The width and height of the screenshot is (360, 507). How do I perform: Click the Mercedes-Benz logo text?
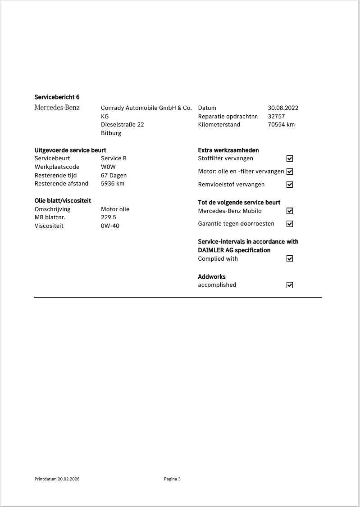tap(57, 108)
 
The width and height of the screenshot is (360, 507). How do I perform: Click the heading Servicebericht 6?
tap(57, 97)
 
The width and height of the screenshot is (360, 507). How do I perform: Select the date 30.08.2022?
tap(283, 108)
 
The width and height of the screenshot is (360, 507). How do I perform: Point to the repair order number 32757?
tap(276, 116)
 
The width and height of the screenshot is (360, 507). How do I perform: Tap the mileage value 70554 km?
tap(281, 125)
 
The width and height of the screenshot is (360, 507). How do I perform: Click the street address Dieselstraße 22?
tap(122, 125)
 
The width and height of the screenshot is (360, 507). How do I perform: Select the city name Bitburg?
tap(111, 133)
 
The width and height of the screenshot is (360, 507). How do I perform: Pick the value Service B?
tap(114, 158)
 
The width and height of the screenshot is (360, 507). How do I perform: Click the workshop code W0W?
tap(108, 167)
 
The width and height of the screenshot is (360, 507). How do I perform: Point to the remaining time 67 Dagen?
tap(114, 176)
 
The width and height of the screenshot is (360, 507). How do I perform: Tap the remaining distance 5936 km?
tap(113, 184)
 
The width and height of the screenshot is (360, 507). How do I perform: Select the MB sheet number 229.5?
tap(108, 217)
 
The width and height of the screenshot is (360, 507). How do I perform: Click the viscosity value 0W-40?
tap(110, 226)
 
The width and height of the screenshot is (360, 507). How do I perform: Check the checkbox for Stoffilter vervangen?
tap(290, 158)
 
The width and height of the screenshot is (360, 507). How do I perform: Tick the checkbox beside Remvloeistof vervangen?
tap(290, 185)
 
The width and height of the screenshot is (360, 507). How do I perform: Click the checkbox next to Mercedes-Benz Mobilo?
tap(290, 211)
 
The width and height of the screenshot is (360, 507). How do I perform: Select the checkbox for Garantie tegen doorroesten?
tap(290, 224)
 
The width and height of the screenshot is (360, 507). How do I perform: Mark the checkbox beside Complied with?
tap(290, 258)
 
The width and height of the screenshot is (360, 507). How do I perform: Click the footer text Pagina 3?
tap(172, 479)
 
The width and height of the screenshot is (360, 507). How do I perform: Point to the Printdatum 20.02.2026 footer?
tap(57, 479)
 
